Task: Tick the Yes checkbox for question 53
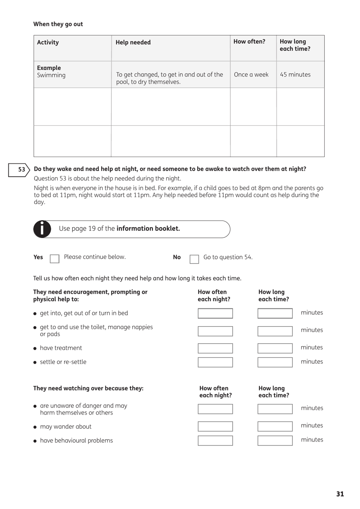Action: tap(55, 259)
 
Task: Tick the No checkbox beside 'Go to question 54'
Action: tap(194, 259)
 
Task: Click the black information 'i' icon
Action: tap(42, 229)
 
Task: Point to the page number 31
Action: tap(340, 494)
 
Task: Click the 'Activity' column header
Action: tap(48, 42)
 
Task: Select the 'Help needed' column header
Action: tap(133, 42)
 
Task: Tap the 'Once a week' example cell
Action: tap(251, 75)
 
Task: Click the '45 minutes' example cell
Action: tap(295, 75)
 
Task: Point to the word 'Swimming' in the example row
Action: tap(51, 75)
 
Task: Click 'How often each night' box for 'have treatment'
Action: tap(215, 348)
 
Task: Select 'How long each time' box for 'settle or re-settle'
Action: tap(275, 362)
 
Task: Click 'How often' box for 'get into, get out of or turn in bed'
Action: tap(215, 313)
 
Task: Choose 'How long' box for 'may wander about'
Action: tap(275, 426)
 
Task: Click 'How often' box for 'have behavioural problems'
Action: tap(215, 440)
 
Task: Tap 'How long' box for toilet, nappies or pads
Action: tap(275, 331)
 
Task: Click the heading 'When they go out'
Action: tap(58, 24)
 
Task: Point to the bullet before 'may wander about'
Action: tap(35, 427)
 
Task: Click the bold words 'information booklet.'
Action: tap(148, 229)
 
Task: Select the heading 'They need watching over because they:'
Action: tap(88, 388)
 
